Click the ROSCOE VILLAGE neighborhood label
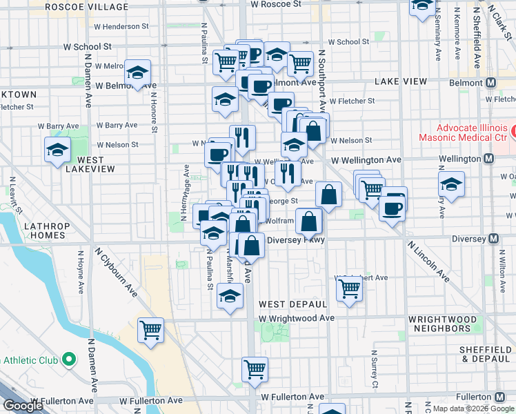pyautogui.click(x=86, y=7)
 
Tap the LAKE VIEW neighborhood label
pyautogui.click(x=401, y=81)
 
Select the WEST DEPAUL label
pyautogui.click(x=292, y=304)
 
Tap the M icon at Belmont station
pyautogui.click(x=491, y=82)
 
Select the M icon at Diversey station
pyautogui.click(x=493, y=239)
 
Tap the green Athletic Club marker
pyautogui.click(x=68, y=359)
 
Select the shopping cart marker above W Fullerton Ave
pyautogui.click(x=255, y=369)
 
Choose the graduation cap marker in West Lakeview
pyautogui.click(x=57, y=149)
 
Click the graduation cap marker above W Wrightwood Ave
pyautogui.click(x=230, y=296)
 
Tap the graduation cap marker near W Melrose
pyautogui.click(x=137, y=72)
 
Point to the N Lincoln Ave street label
pyautogui.click(x=428, y=262)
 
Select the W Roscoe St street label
pyautogui.click(x=276, y=4)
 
